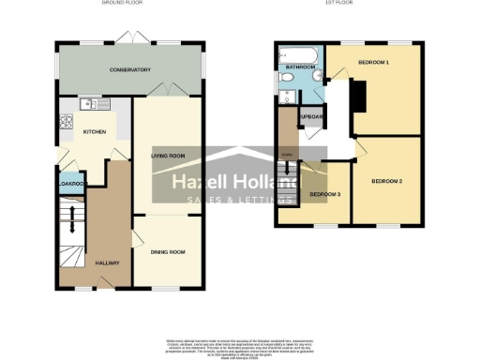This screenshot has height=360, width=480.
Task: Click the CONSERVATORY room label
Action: click(130, 70)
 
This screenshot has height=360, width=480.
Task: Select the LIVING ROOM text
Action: click(165, 156)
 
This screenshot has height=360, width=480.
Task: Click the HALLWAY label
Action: click(108, 262)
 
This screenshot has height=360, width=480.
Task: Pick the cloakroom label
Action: click(71, 185)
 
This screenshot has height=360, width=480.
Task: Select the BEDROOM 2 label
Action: click(385, 180)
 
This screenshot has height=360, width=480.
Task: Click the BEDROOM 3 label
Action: click(325, 194)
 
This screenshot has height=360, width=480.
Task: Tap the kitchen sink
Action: click(86, 104)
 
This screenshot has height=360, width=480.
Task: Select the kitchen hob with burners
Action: click(66, 121)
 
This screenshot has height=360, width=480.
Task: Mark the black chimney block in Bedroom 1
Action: click(357, 97)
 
